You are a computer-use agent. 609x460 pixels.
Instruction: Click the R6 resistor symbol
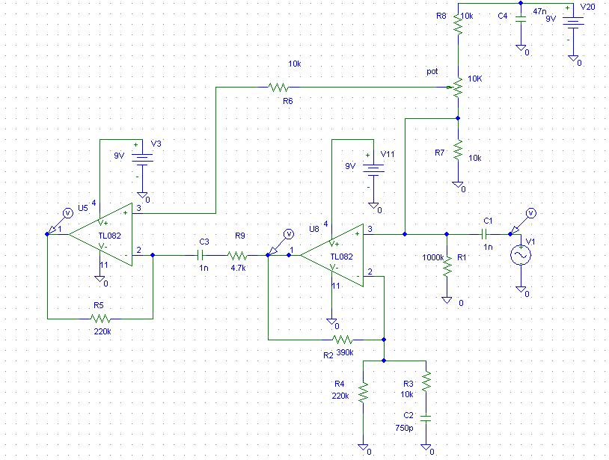click(x=279, y=88)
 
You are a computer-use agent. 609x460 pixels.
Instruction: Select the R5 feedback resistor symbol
click(x=100, y=319)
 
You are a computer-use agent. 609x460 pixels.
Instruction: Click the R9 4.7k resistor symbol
click(x=237, y=255)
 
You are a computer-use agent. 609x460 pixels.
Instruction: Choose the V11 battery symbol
click(x=373, y=169)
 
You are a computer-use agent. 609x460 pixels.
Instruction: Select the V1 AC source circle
click(x=521, y=255)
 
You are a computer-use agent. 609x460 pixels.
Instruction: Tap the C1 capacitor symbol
click(x=484, y=234)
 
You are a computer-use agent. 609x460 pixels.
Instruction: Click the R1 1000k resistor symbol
click(x=447, y=266)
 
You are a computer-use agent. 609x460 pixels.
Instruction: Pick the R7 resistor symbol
click(x=458, y=150)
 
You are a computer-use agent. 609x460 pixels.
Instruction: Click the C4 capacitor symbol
click(x=521, y=19)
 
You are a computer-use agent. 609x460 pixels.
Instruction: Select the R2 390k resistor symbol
click(x=343, y=340)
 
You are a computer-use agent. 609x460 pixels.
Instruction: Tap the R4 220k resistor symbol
click(x=363, y=393)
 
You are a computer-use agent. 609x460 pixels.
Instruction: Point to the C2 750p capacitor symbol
click(x=426, y=418)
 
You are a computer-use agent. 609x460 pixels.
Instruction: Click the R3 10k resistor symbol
click(x=426, y=381)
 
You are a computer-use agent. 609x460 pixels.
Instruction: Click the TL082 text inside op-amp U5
click(x=109, y=236)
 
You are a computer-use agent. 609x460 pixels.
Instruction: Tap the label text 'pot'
click(x=432, y=72)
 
